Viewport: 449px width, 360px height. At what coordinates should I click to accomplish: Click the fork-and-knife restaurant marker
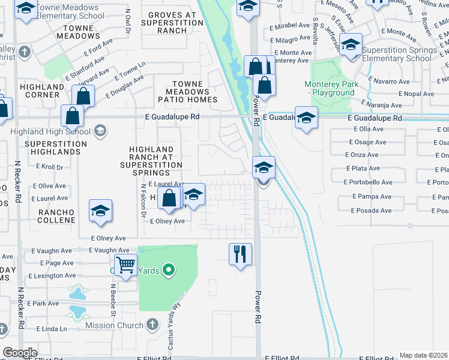(x=240, y=254)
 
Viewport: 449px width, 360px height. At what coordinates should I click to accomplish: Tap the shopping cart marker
(x=125, y=264)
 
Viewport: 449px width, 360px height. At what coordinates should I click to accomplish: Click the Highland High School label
(x=50, y=131)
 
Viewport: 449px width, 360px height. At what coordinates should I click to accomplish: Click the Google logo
(x=19, y=353)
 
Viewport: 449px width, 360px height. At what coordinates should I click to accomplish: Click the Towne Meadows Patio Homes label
(x=187, y=91)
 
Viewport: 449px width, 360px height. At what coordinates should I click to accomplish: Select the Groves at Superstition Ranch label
(x=172, y=22)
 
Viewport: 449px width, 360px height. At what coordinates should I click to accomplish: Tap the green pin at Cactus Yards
(x=169, y=271)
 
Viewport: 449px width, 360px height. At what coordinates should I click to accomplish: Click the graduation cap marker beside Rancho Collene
(x=101, y=210)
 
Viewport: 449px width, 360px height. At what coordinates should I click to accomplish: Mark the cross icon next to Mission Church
(x=152, y=325)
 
